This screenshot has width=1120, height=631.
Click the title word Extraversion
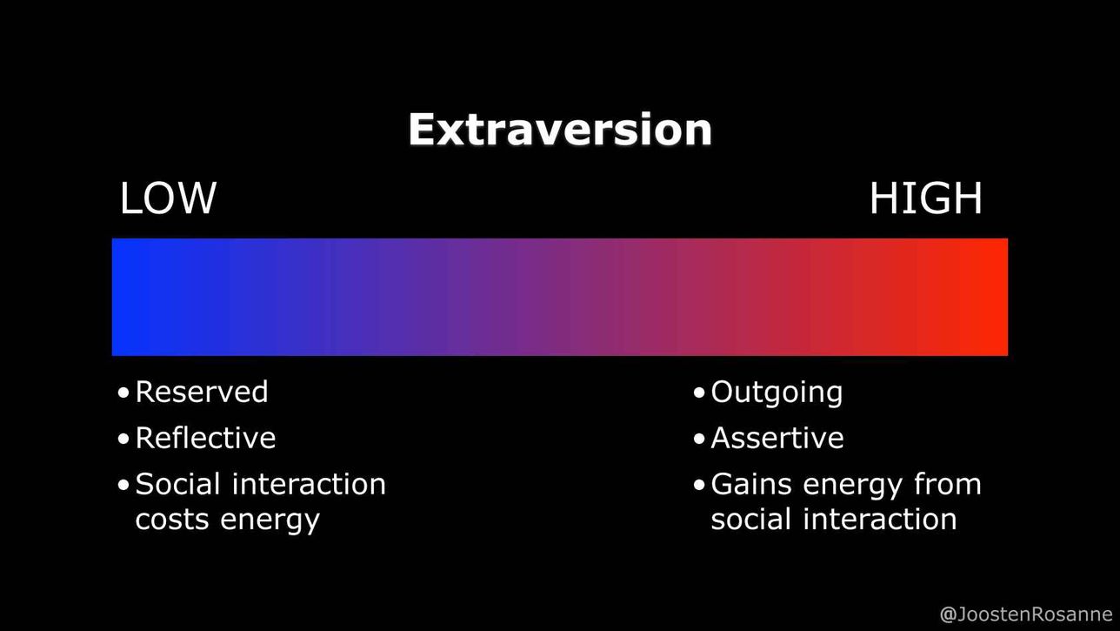tap(560, 129)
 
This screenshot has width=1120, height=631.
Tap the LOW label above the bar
tap(168, 198)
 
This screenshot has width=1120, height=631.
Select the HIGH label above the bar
tap(925, 198)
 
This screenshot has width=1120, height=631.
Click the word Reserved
tap(202, 392)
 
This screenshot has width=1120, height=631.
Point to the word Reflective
tap(205, 438)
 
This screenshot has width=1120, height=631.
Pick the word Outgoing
tap(777, 393)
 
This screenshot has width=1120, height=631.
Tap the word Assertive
tap(777, 438)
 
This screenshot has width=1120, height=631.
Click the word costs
tap(171, 520)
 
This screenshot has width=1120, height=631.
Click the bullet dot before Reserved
tap(123, 393)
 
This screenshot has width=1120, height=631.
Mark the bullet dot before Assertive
tap(699, 439)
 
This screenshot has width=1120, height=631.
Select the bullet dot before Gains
tap(699, 485)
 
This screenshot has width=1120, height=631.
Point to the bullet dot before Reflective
tap(123, 439)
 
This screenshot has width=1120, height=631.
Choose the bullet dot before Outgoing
tap(699, 393)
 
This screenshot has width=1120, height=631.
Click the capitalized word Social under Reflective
tap(177, 485)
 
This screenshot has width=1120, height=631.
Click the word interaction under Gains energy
tap(880, 519)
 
